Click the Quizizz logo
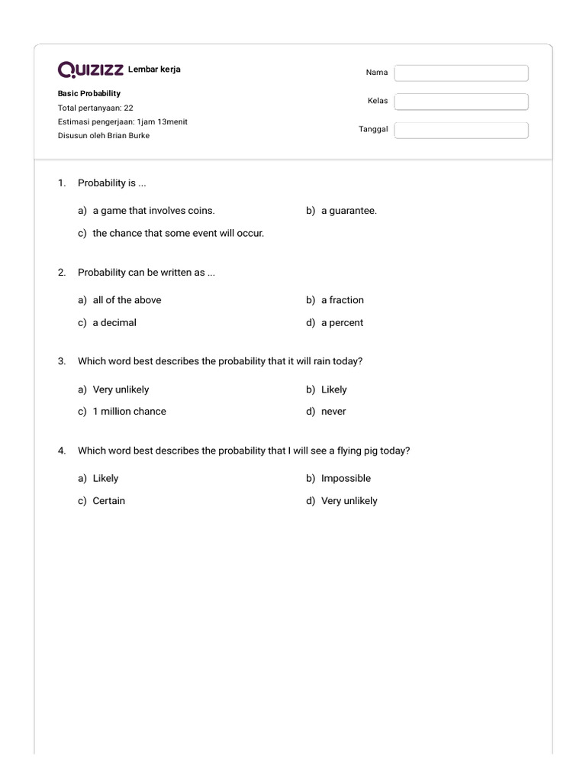tap(92, 70)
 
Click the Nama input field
tap(461, 73)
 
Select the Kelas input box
tap(461, 102)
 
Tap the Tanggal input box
tap(461, 130)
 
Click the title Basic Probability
tap(89, 93)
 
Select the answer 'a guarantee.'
tap(349, 211)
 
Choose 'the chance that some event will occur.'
tap(178, 233)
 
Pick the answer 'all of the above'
tap(127, 300)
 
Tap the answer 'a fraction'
tap(343, 300)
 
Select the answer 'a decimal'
tap(114, 322)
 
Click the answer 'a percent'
tap(342, 322)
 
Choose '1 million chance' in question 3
tap(129, 412)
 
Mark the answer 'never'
tap(333, 412)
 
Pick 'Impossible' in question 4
tap(346, 479)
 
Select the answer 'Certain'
tap(109, 501)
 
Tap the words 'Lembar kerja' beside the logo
tap(154, 70)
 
